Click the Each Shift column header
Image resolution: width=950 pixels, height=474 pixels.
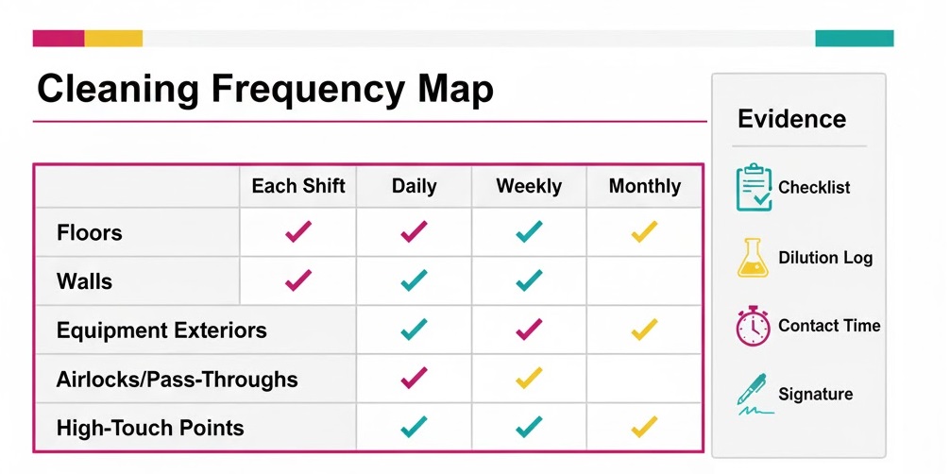tap(298, 186)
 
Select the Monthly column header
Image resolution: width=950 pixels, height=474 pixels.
tap(644, 186)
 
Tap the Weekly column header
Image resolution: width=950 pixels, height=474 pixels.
tap(529, 186)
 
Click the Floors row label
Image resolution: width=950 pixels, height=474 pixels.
tap(90, 232)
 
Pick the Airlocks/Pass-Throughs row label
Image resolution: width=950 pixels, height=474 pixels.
tap(178, 380)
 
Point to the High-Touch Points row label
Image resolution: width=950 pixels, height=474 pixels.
tap(150, 428)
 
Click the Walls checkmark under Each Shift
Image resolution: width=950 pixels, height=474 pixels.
tap(298, 280)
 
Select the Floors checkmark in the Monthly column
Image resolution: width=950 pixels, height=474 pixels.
tap(644, 231)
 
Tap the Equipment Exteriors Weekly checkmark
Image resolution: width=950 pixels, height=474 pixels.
tap(529, 330)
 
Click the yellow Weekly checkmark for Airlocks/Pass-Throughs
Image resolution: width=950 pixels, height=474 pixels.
tap(529, 379)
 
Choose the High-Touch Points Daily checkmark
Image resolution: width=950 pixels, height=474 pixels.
tap(414, 428)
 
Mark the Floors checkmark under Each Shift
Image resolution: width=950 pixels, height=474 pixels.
tap(298, 231)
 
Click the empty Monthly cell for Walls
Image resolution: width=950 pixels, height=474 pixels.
tap(644, 280)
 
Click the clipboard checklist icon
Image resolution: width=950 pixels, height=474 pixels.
tap(754, 187)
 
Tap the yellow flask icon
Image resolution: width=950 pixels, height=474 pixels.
tap(752, 258)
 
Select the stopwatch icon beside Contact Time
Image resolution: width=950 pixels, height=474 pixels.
tap(753, 327)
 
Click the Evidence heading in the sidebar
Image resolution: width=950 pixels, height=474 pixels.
tap(791, 119)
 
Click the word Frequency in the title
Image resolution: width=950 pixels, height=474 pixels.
tap(308, 91)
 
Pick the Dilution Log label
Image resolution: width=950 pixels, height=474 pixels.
tap(825, 258)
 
